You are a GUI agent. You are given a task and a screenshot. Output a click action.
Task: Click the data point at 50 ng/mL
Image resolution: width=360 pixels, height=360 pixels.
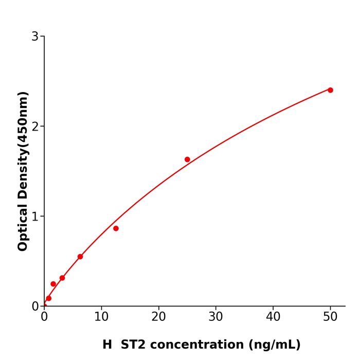330,90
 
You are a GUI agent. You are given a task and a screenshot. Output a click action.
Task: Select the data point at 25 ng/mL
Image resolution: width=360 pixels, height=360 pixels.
187,159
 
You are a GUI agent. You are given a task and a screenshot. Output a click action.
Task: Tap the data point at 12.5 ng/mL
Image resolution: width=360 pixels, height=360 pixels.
116,228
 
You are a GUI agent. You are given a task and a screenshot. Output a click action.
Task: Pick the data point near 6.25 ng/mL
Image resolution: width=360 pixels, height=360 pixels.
80,257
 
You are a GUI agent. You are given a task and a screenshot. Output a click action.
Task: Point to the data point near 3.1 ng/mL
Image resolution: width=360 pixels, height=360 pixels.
62,278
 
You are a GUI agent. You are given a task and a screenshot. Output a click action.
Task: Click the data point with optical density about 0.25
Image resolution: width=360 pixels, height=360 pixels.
53,284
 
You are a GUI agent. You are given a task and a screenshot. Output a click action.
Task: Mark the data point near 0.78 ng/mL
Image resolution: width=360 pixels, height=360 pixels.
49,298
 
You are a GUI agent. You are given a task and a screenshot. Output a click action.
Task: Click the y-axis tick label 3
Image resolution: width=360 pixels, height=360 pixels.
35,37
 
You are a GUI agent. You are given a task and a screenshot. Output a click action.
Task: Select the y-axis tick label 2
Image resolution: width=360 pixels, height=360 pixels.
35,127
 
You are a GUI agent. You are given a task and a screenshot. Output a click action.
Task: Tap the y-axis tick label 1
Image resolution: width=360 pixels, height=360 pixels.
35,217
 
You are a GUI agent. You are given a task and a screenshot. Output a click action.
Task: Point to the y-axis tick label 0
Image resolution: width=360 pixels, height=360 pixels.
35,307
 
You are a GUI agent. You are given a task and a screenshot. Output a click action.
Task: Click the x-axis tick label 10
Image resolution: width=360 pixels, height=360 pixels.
101,317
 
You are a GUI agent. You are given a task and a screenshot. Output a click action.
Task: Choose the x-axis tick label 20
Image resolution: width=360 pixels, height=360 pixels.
158,317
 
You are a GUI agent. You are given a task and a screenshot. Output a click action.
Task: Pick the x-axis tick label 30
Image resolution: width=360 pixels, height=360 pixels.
216,317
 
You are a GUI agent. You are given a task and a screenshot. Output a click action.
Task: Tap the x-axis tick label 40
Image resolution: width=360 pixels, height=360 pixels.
273,317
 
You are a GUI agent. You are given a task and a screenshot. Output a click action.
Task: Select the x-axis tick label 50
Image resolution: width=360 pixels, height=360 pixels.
330,317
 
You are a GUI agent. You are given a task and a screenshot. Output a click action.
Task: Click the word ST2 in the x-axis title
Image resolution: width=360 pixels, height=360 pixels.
134,345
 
